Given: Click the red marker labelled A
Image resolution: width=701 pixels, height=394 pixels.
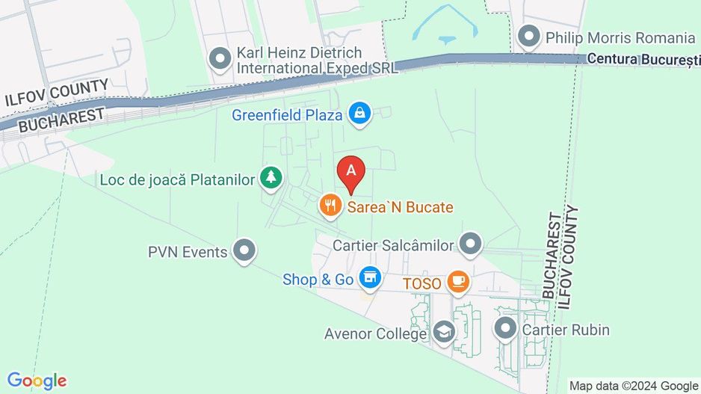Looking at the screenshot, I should click(351, 172).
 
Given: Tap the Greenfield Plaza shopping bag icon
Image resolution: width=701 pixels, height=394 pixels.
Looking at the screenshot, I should click(360, 114).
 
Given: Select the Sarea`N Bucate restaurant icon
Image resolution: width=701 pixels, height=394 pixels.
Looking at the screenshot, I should click(330, 206).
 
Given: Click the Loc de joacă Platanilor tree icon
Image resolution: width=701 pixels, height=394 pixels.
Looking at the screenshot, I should click(271, 178).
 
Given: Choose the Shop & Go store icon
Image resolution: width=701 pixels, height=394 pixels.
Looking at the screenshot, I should click(367, 279).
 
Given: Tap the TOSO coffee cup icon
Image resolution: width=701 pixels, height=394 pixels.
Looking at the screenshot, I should click(457, 283).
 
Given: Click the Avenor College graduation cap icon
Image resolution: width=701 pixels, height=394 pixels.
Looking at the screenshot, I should click(445, 333).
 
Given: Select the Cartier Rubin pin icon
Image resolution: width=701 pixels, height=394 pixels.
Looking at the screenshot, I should click(506, 328).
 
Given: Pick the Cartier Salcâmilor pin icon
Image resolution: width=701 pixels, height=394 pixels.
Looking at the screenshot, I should click(470, 244).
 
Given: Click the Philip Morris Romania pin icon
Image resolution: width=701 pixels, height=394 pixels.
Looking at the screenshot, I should click(529, 37).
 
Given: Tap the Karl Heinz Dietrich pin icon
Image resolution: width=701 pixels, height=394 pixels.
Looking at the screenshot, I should click(220, 59).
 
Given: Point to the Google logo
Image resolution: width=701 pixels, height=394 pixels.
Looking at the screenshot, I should click(37, 381).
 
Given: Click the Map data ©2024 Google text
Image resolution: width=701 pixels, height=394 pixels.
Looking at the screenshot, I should click(634, 386).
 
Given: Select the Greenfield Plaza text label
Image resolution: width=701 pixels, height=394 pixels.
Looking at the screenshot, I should click(287, 115).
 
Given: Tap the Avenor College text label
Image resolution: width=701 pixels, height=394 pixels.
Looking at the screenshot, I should click(375, 334).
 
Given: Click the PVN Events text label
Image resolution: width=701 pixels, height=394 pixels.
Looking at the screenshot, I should click(188, 252).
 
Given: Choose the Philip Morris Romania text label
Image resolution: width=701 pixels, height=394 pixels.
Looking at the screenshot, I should click(620, 37).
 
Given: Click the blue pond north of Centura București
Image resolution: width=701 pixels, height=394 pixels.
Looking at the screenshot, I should click(446, 39).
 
